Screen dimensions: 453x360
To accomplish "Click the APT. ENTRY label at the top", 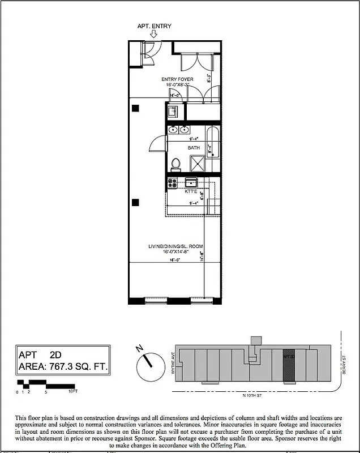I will pos(154,26).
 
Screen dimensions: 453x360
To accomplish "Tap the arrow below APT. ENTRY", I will pos(146,34).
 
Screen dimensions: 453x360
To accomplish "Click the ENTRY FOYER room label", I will pos(177,79).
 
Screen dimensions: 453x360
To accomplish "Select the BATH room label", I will pos(194,148).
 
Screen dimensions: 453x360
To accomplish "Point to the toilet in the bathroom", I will pos(175,163).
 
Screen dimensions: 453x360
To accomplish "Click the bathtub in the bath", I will pos(213,149).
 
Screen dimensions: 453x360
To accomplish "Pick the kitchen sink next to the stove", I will pos(191,182).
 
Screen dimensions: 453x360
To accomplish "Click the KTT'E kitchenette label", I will pos(191,192).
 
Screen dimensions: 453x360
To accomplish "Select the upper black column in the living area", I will pos(134,108).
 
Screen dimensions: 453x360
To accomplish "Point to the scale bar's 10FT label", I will pos(72,391).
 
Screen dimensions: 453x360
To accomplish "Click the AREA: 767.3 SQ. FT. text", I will pos(63,367).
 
